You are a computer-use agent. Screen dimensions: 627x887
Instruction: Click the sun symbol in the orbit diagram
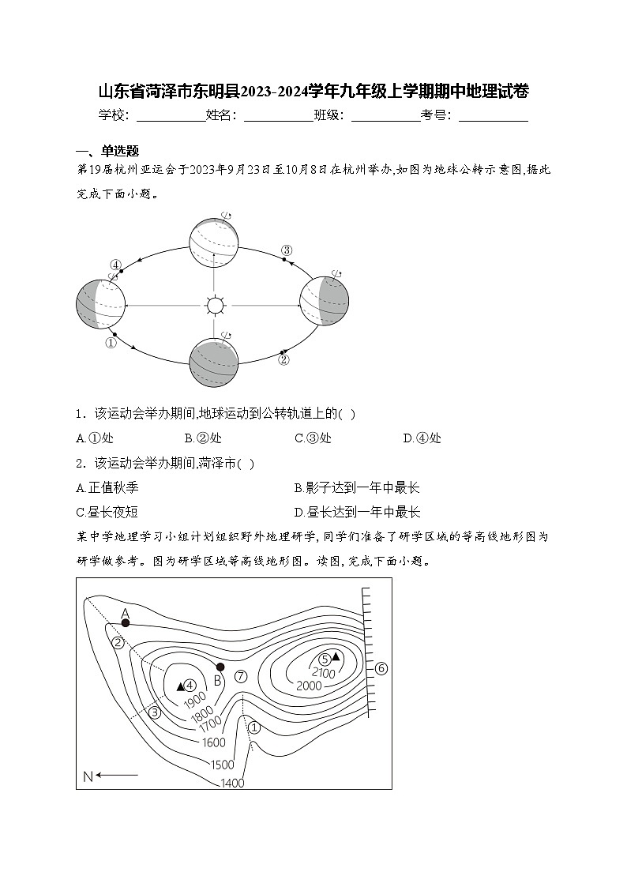[213, 305]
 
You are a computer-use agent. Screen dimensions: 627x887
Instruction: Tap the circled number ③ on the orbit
[287, 250]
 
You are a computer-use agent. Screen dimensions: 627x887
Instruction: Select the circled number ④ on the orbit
[115, 265]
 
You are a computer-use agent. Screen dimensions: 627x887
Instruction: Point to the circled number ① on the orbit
[111, 343]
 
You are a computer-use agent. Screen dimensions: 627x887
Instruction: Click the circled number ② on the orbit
[284, 359]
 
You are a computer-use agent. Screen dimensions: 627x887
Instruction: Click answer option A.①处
[95, 438]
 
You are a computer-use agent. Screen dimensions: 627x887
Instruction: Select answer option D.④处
[422, 438]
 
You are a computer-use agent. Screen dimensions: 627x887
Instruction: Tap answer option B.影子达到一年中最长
[356, 488]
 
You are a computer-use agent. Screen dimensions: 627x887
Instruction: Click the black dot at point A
[125, 623]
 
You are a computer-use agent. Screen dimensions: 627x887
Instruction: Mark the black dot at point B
[220, 667]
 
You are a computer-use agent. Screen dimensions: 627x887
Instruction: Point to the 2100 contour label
[324, 673]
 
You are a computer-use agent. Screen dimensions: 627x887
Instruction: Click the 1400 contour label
[233, 783]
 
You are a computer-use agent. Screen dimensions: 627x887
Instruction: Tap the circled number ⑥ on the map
[381, 668]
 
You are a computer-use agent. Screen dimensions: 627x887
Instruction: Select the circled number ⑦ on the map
[242, 676]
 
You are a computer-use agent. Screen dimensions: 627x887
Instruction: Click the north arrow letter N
[88, 776]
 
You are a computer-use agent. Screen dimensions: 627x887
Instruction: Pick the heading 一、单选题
[107, 152]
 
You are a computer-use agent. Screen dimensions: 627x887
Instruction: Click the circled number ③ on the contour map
[155, 713]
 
